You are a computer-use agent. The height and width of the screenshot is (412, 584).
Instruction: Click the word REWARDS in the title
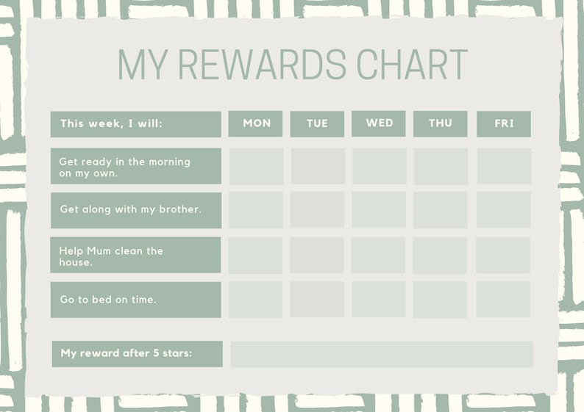(262, 65)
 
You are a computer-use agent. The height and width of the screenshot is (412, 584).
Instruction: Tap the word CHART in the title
(412, 65)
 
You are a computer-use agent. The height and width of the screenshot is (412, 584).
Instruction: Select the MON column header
(256, 123)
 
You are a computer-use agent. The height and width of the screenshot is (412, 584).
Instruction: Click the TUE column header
(317, 123)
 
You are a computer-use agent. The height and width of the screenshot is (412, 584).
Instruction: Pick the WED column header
(379, 123)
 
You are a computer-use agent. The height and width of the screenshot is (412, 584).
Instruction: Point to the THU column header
(441, 123)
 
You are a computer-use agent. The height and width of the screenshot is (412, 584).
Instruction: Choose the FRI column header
(504, 123)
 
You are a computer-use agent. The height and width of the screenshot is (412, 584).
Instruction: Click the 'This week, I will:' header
(135, 124)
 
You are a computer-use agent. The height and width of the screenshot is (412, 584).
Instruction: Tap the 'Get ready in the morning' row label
(135, 167)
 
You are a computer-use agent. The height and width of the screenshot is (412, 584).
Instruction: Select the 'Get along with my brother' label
(135, 209)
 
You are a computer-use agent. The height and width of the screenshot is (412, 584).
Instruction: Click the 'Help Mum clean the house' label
(135, 256)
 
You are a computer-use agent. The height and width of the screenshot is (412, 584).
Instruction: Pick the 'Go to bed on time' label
(135, 300)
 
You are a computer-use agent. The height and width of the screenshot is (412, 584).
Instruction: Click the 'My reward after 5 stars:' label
(136, 353)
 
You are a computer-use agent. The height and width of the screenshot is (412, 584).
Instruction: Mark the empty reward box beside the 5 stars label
(382, 354)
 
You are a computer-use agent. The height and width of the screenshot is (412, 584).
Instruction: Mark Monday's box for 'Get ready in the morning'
(256, 167)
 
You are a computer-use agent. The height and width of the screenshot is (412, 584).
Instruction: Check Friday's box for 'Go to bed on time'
(503, 300)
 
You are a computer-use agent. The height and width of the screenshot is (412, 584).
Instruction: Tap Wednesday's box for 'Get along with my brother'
(378, 210)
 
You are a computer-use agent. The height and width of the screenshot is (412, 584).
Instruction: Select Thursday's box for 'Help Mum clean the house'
(440, 256)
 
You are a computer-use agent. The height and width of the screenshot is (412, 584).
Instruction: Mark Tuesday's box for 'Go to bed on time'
(317, 300)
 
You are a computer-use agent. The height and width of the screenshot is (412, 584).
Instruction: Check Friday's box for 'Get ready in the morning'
(504, 167)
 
